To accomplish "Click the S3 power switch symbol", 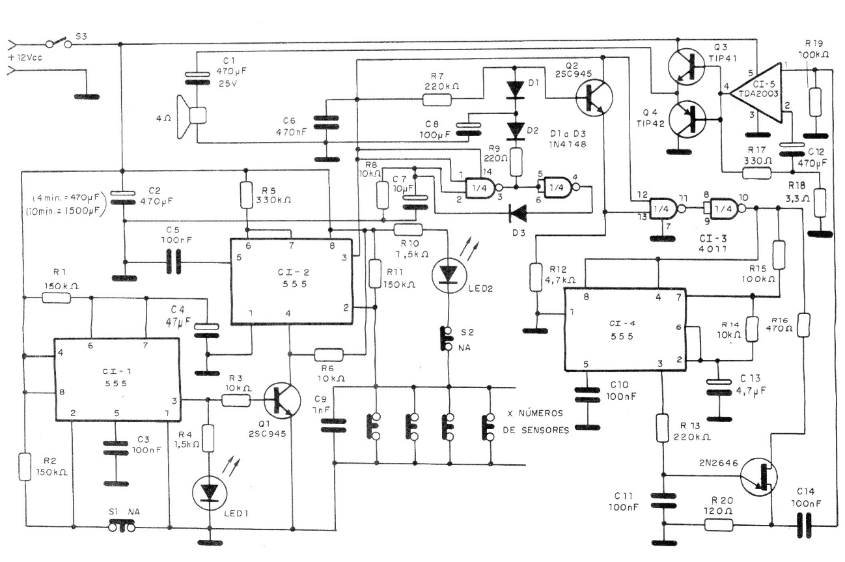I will coord(58,44).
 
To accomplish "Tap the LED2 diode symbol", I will coord(449,274).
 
